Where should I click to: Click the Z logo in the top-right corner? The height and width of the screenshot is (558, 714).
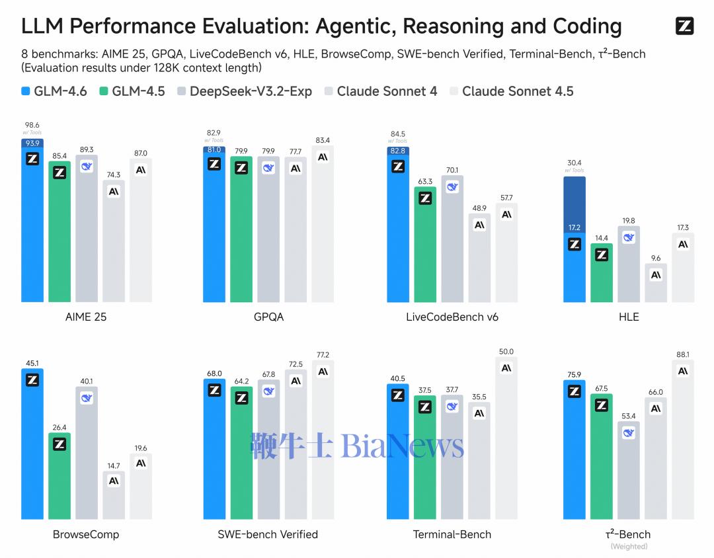(x=684, y=26)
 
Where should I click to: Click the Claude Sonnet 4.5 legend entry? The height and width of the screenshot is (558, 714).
(x=511, y=91)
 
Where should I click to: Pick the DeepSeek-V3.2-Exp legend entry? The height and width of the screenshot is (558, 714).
(x=245, y=91)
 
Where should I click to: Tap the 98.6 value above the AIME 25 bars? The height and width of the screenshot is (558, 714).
(x=32, y=125)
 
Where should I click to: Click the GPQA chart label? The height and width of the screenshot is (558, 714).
(x=268, y=317)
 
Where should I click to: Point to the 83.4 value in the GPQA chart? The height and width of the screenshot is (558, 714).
(x=323, y=140)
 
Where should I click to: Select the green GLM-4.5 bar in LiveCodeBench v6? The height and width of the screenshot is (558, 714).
(x=425, y=245)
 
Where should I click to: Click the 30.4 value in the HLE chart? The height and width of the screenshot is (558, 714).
(x=574, y=163)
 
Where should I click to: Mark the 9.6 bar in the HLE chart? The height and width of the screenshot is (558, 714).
(x=656, y=283)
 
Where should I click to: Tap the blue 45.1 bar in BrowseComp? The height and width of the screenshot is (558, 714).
(x=32, y=443)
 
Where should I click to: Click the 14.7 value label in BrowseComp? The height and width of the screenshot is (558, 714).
(x=114, y=465)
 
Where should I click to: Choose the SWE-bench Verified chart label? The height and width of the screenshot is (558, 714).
(x=268, y=534)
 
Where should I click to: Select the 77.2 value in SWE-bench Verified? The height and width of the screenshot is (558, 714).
(x=323, y=355)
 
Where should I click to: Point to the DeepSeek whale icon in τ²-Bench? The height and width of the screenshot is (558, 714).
(x=629, y=432)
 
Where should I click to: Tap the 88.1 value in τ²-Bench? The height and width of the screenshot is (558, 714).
(x=683, y=354)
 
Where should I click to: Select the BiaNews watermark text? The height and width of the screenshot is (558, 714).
(x=402, y=447)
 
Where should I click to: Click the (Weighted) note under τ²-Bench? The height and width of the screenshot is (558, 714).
(x=629, y=547)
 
